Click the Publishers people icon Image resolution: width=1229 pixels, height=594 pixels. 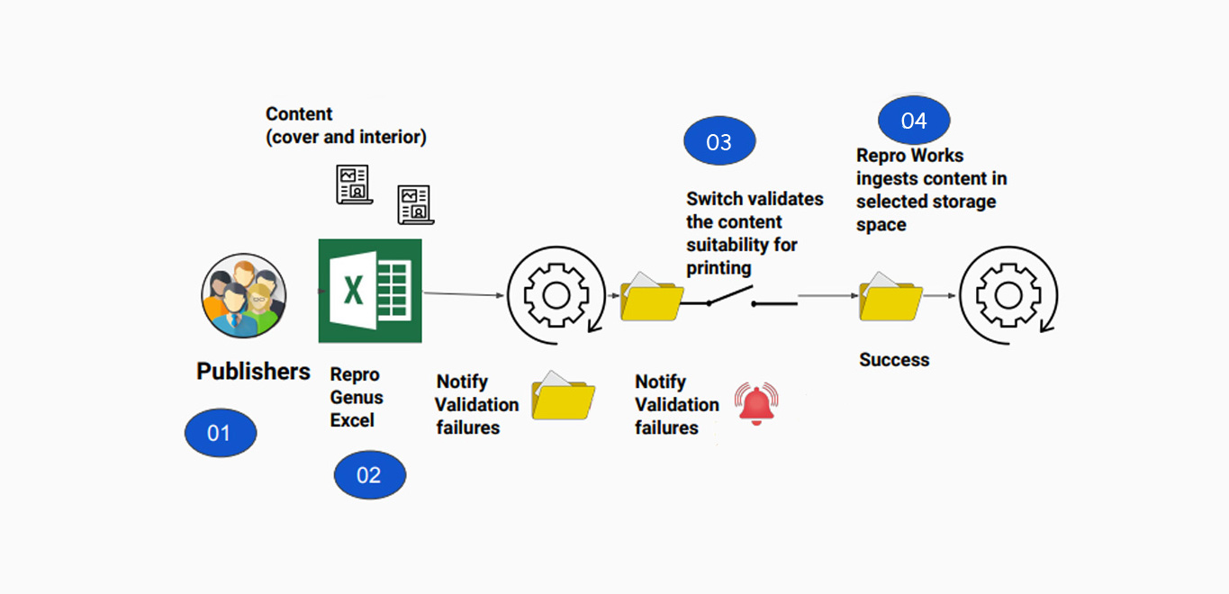pos(243,295)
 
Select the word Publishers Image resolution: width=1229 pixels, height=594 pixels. pos(253,372)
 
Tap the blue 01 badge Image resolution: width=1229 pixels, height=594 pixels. pos(221,434)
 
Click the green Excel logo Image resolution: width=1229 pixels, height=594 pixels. pos(370,291)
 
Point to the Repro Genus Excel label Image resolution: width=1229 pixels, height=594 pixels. pos(356,398)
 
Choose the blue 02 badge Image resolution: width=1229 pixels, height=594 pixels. pos(369,475)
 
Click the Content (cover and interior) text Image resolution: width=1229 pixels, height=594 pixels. pos(345,126)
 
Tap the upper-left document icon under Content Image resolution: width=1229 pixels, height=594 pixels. pos(353,184)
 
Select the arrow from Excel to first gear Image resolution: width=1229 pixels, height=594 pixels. pos(463,293)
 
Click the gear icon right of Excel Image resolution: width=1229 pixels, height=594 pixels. pos(548,293)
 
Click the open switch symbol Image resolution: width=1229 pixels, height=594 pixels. pos(738,298)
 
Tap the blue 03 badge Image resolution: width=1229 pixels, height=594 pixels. pos(719,142)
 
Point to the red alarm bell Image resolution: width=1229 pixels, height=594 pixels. pos(756,403)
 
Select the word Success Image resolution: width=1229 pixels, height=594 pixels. pos(893,360)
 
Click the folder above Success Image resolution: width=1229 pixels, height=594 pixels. pos(890,296)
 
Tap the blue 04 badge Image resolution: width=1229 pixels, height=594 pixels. pos(914,121)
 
